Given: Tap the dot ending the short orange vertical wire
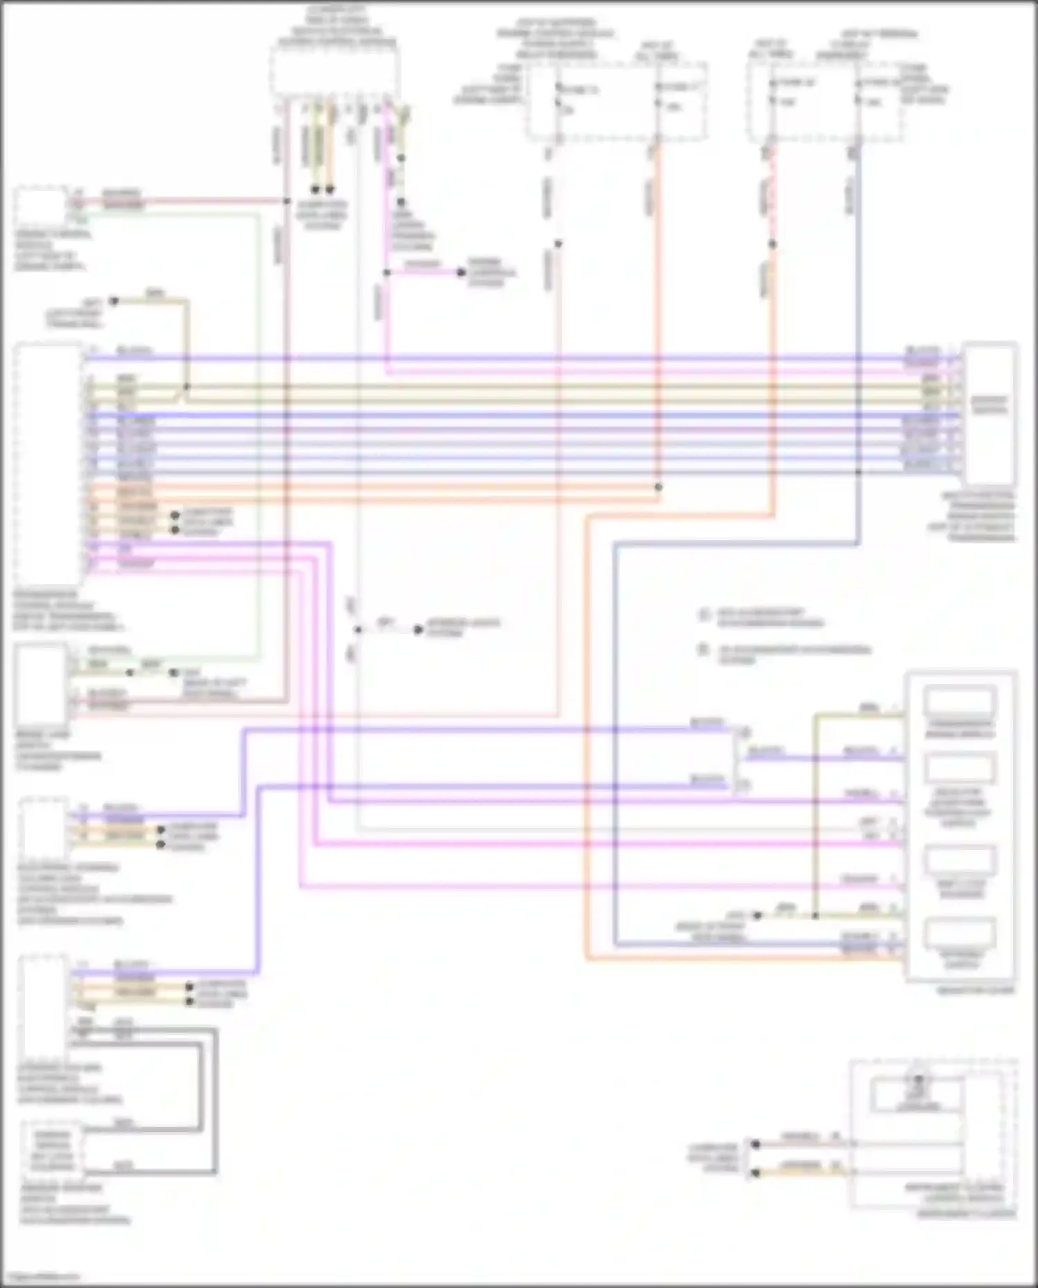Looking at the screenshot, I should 330,189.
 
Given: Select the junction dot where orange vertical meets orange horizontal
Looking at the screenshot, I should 658,487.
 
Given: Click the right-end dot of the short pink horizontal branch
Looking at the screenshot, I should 461,272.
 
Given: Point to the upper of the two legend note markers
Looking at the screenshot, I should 704,615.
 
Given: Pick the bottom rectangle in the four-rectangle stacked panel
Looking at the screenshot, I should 960,933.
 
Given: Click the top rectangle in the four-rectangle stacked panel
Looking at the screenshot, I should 960,700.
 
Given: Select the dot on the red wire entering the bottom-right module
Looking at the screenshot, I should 756,1144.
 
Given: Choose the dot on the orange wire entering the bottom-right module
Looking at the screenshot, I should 756,1173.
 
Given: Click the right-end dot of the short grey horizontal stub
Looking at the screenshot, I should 418,630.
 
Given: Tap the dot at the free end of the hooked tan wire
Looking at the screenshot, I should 115,301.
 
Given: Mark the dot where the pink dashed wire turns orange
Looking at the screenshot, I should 772,244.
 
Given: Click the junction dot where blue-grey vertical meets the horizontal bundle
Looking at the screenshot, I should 858,472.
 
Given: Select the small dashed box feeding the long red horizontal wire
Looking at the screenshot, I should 42,206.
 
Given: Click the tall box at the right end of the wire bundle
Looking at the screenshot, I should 990,413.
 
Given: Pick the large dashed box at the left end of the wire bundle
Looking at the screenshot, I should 48,464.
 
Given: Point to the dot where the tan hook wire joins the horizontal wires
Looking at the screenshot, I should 186,387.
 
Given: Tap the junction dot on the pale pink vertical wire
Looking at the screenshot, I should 558,244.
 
